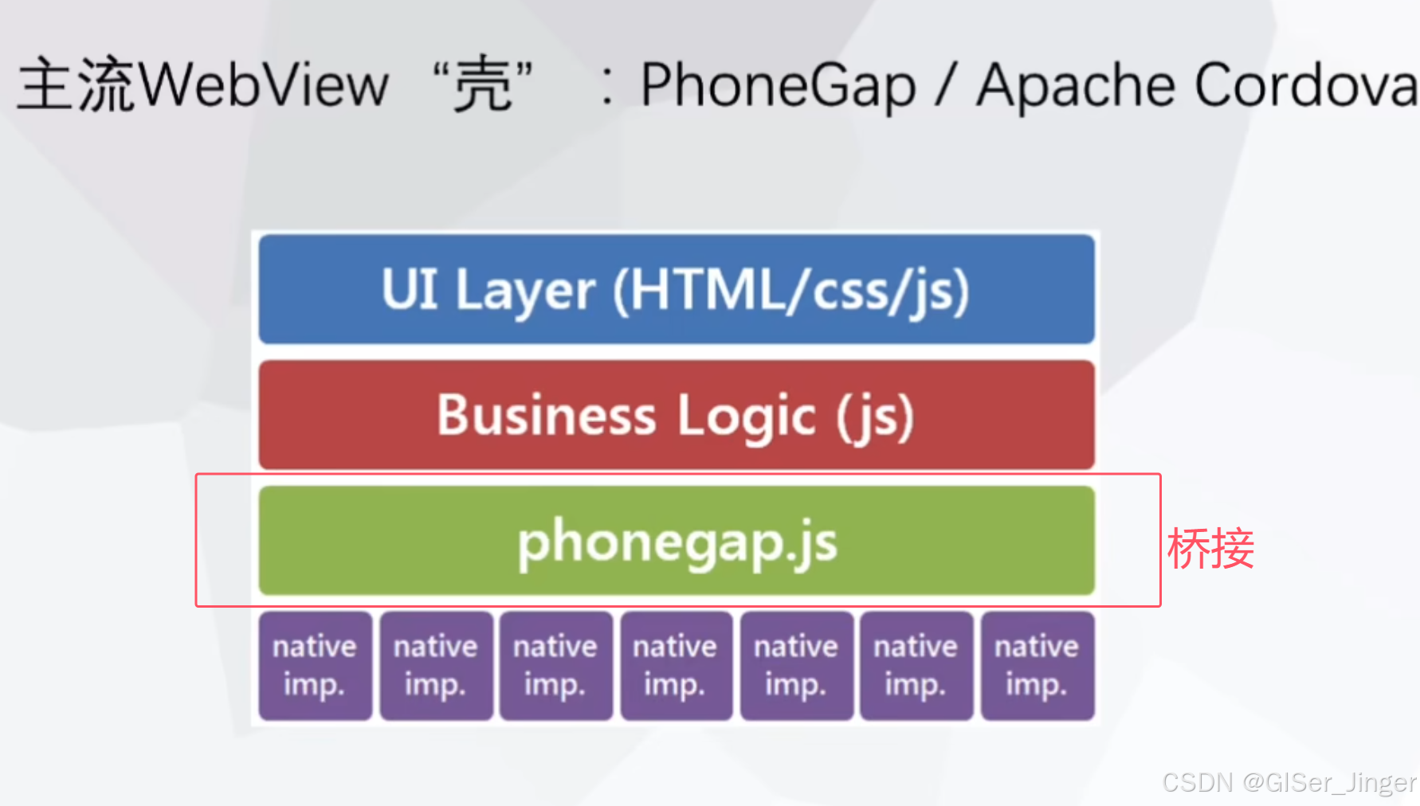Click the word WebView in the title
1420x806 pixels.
(x=267, y=85)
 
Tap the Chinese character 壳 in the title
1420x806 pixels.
(x=482, y=85)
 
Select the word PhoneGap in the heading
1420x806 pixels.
(x=779, y=85)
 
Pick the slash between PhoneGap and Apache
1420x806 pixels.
(x=945, y=85)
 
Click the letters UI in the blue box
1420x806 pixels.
(x=410, y=289)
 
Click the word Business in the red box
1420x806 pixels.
(x=547, y=416)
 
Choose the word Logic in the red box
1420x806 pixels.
(x=747, y=416)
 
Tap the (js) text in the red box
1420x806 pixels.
(x=875, y=416)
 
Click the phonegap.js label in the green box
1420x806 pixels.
(x=677, y=542)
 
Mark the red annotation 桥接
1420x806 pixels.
(x=1210, y=549)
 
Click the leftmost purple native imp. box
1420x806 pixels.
(x=315, y=666)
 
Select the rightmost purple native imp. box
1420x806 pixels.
(x=1037, y=666)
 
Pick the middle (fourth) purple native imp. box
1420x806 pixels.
(x=676, y=666)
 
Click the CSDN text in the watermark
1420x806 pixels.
(x=1197, y=783)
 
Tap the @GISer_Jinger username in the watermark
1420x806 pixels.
(x=1329, y=783)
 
